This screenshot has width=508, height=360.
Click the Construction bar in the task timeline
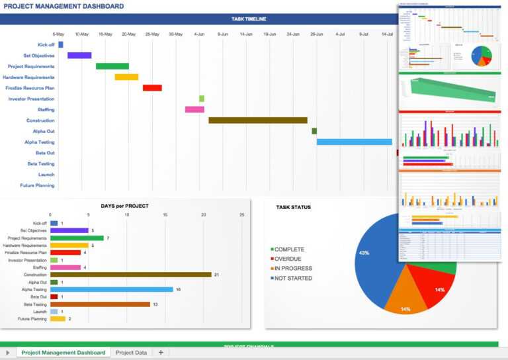[258, 120]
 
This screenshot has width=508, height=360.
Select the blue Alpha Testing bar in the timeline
[354, 142]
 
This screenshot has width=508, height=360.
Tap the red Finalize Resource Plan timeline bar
[152, 88]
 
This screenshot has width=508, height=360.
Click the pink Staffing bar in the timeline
[194, 110]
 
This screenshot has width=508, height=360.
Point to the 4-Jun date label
[199, 34]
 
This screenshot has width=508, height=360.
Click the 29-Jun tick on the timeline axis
[317, 34]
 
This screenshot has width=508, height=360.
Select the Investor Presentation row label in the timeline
[31, 99]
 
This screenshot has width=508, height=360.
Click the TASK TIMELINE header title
[249, 19]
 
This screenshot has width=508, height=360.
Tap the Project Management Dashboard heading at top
[63, 7]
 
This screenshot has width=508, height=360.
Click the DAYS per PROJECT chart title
[124, 206]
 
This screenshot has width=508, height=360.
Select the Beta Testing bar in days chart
[100, 304]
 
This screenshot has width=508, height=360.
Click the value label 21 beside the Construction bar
[216, 275]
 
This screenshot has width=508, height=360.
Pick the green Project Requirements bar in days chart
[77, 238]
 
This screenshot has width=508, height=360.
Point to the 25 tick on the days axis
[241, 215]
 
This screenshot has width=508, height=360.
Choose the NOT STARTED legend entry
[293, 278]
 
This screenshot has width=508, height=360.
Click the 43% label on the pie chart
[363, 253]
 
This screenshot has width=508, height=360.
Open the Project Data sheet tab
[131, 353]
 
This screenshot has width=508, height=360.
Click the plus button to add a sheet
[161, 353]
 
